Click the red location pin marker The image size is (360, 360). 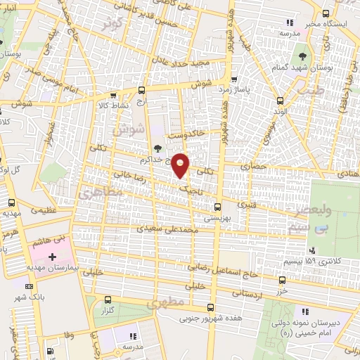[181, 165]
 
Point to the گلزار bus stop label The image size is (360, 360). [108, 309]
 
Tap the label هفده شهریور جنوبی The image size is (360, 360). [210, 319]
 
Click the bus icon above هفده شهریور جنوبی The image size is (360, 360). [210, 308]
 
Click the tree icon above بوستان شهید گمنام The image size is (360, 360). [302, 55]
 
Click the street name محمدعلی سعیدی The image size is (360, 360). [165, 229]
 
